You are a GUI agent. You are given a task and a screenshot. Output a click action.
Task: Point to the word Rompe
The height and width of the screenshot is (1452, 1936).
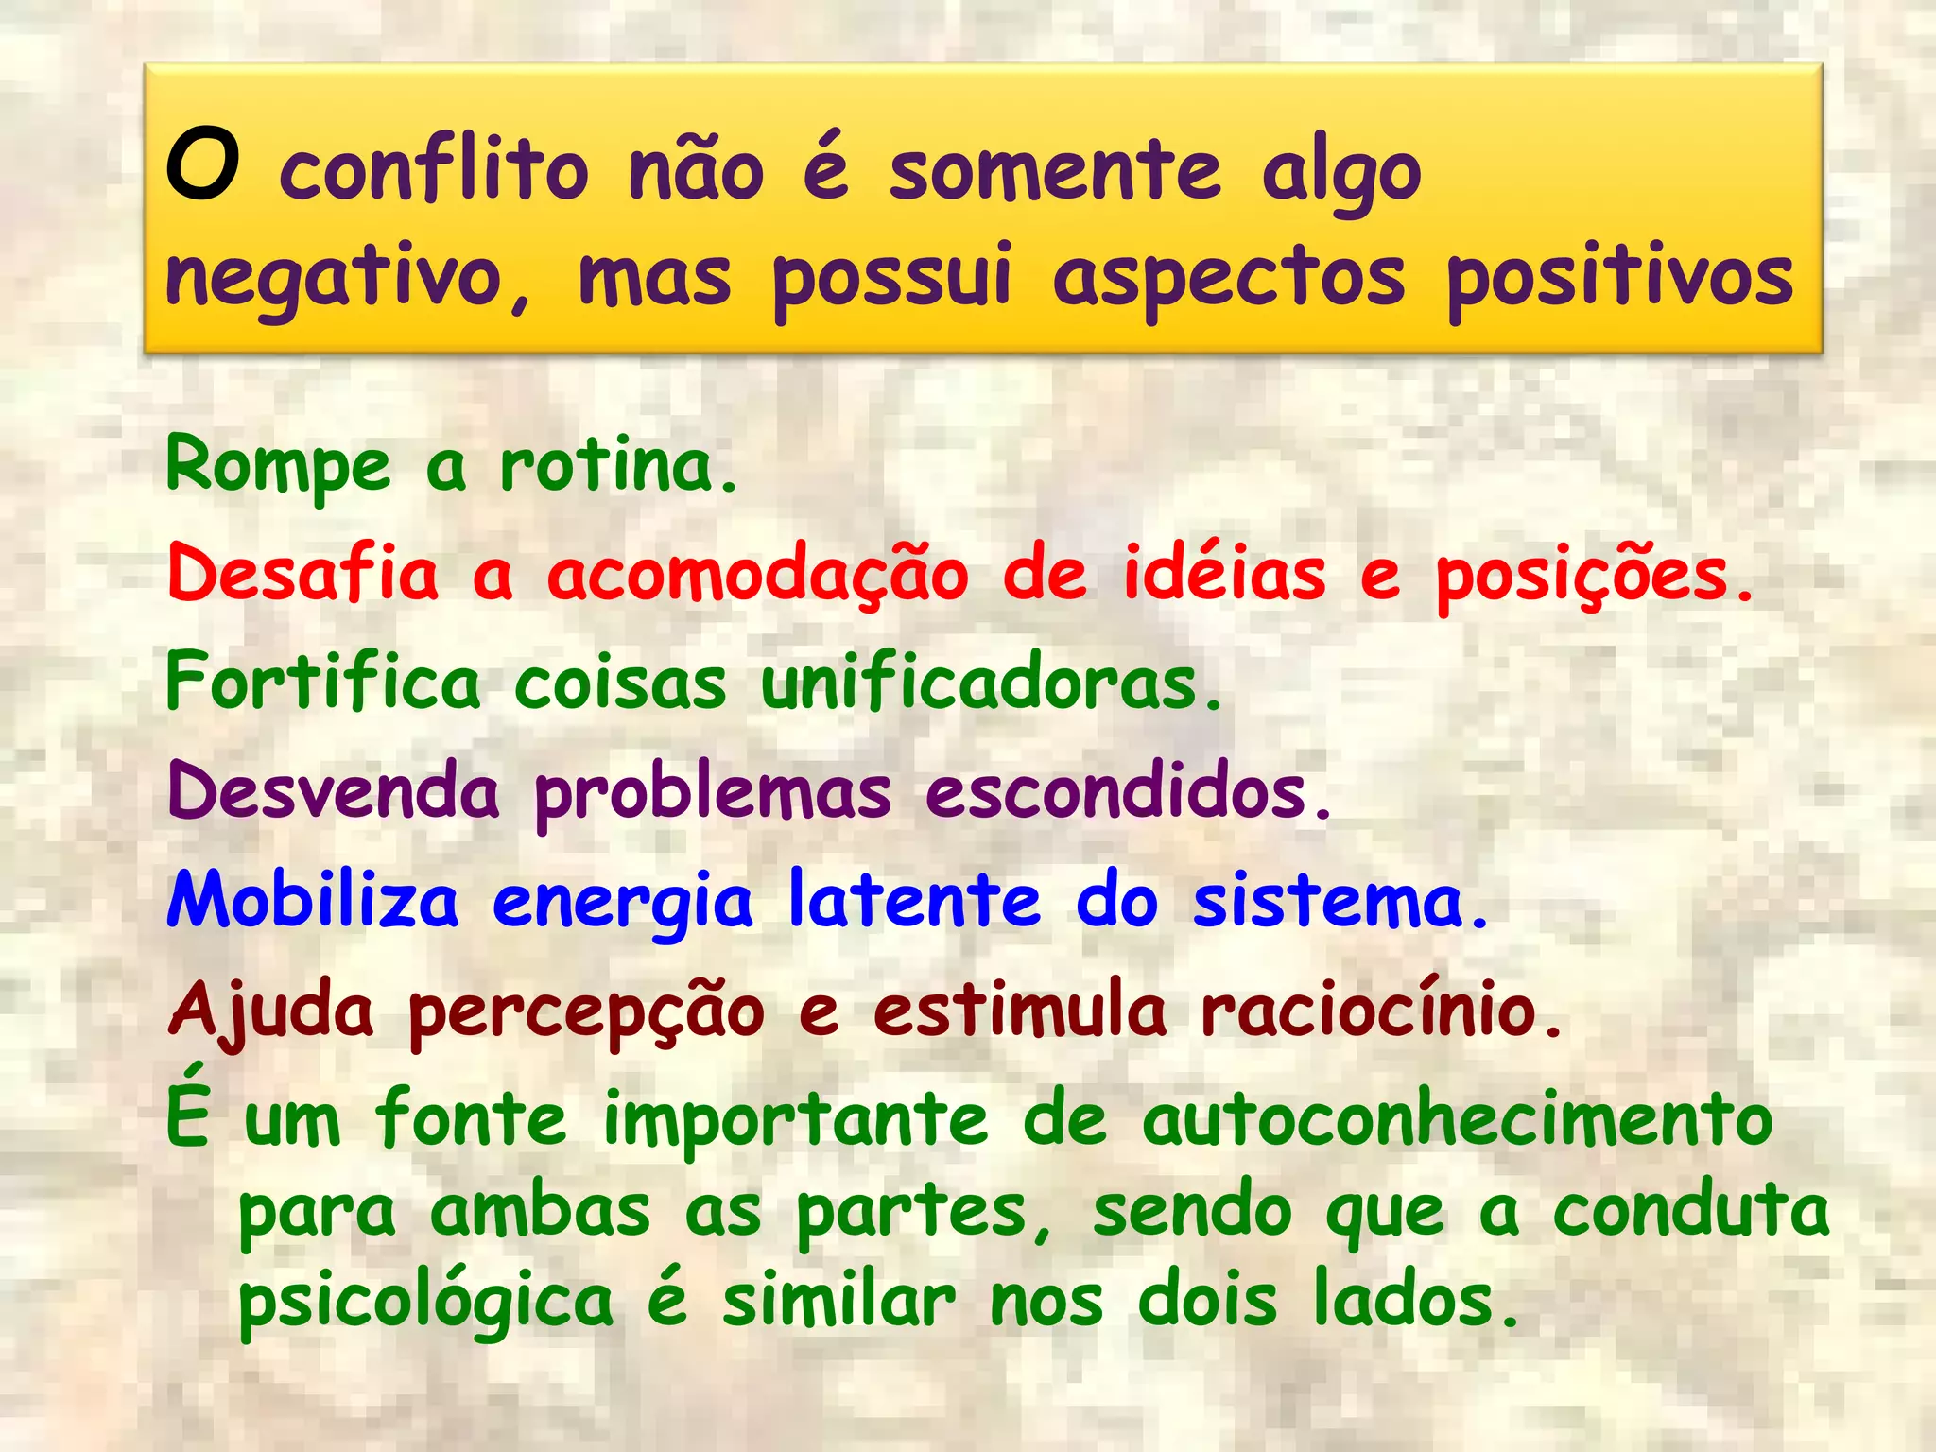(278, 466)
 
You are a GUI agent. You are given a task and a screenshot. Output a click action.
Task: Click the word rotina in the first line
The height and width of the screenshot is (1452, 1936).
(616, 466)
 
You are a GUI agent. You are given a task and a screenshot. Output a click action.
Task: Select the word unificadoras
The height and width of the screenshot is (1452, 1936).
(991, 683)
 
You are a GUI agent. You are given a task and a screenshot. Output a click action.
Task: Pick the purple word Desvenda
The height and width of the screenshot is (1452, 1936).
(333, 792)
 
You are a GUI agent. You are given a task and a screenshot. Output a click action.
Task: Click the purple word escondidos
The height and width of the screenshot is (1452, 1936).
(1128, 792)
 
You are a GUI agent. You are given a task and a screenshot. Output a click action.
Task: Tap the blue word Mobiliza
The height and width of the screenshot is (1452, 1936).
(313, 901)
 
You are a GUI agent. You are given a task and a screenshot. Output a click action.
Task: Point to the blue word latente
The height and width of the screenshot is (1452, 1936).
(914, 901)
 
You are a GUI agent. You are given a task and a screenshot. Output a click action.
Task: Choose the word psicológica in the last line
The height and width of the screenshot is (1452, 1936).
(425, 1303)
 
